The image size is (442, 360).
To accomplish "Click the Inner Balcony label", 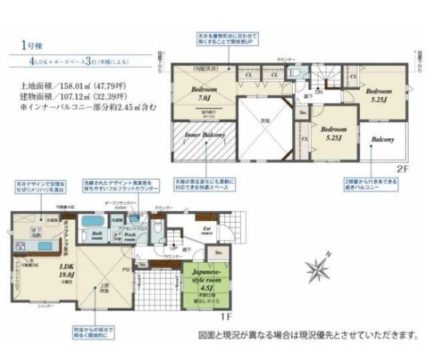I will pyautogui.click(x=204, y=135).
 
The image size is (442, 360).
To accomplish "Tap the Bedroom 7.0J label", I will pyautogui.click(x=205, y=94).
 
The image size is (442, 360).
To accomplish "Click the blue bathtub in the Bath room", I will pyautogui.click(x=93, y=222).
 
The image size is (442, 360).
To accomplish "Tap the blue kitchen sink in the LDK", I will pyautogui.click(x=44, y=246).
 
